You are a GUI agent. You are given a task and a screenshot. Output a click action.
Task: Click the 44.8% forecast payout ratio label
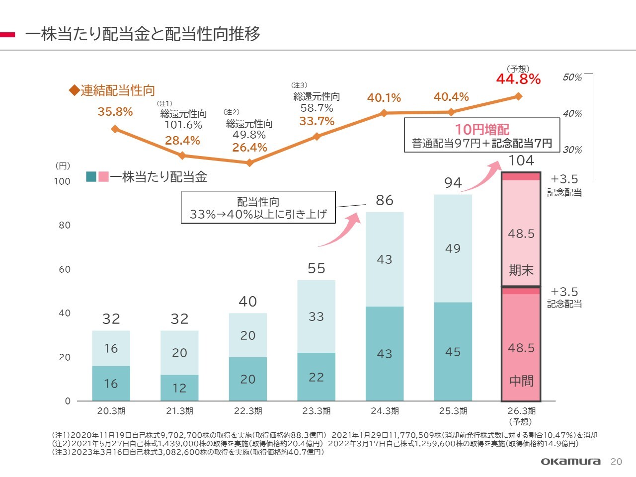pyautogui.click(x=518, y=79)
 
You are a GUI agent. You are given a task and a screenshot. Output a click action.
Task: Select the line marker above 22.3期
pyautogui.click(x=249, y=162)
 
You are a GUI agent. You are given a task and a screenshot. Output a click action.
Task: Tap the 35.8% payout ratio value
pyautogui.click(x=115, y=112)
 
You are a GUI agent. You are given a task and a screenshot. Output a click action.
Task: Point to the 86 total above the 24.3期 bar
pyautogui.click(x=385, y=200)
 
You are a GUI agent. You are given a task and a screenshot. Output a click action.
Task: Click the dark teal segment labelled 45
pyautogui.click(x=453, y=351)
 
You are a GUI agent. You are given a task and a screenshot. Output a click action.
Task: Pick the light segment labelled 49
pyautogui.click(x=453, y=248)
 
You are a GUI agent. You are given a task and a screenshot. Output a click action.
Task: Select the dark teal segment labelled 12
pyautogui.click(x=179, y=388)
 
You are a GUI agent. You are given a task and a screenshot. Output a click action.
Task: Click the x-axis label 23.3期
pyautogui.click(x=316, y=411)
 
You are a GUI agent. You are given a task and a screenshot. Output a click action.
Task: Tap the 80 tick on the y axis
pyautogui.click(x=65, y=225)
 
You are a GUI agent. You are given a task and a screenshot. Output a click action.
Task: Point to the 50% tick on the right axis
pyautogui.click(x=572, y=78)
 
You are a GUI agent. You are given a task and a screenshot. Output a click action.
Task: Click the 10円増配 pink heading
pyautogui.click(x=482, y=130)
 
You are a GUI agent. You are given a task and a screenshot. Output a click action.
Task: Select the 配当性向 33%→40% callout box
pyautogui.click(x=258, y=208)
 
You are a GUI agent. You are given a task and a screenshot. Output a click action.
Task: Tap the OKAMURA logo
pyautogui.click(x=570, y=462)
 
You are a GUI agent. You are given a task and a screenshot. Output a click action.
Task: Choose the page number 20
pyautogui.click(x=616, y=462)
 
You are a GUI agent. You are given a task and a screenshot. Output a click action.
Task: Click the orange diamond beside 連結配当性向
pyautogui.click(x=74, y=90)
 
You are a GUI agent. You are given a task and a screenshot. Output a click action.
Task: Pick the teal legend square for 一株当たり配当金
pyautogui.click(x=91, y=176)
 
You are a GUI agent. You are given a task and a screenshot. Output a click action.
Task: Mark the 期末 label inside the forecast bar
pyautogui.click(x=521, y=270)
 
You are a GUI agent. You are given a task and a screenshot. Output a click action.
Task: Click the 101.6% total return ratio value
pyautogui.click(x=183, y=125)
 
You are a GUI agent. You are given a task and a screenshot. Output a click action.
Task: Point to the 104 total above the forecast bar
pyautogui.click(x=521, y=160)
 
